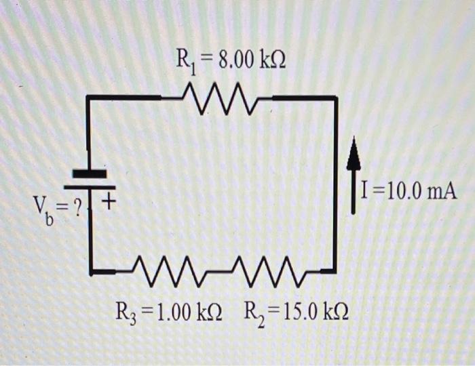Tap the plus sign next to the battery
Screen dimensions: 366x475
click(109, 202)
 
